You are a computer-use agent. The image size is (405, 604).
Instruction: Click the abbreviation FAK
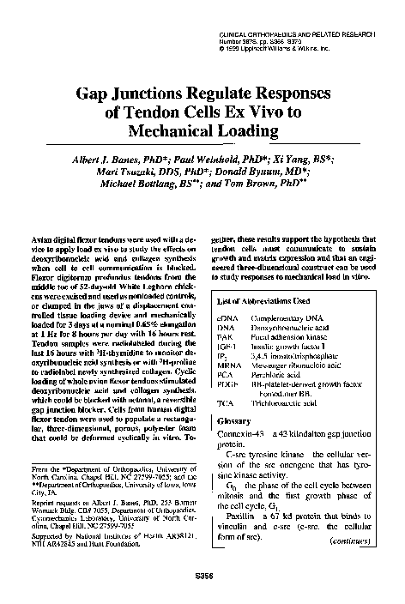pyautogui.click(x=227, y=340)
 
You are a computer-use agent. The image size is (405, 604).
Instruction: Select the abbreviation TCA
pyautogui.click(x=227, y=426)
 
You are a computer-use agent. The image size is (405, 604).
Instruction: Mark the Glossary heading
pyautogui.click(x=235, y=445)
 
